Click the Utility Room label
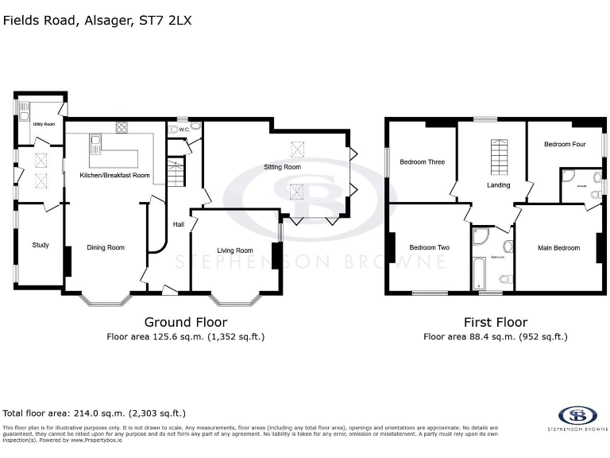pyautogui.click(x=44, y=124)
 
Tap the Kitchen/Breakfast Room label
pyautogui.click(x=115, y=175)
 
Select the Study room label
pyautogui.click(x=41, y=245)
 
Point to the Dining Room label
pyautogui.click(x=105, y=248)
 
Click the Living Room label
pyautogui.click(x=234, y=250)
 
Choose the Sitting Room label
pyautogui.click(x=282, y=168)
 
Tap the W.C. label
pyautogui.click(x=183, y=130)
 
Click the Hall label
pyautogui.click(x=179, y=224)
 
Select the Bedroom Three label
pyautogui.click(x=422, y=162)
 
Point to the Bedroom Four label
pyautogui.click(x=565, y=145)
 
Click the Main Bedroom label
pyautogui.click(x=558, y=248)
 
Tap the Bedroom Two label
pyautogui.click(x=429, y=248)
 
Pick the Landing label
pyautogui.click(x=498, y=185)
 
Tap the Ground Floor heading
pyautogui.click(x=185, y=322)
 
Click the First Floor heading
pyautogui.click(x=495, y=322)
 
